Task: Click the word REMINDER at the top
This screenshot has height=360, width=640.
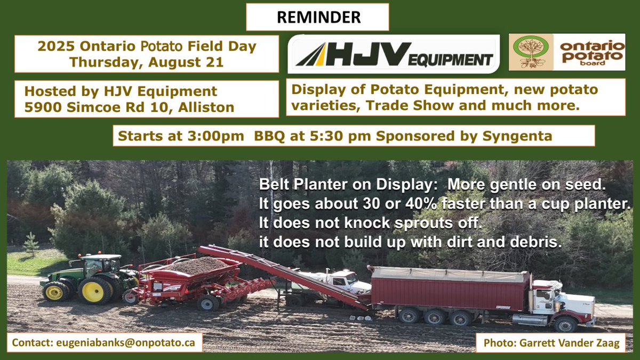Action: (318, 17)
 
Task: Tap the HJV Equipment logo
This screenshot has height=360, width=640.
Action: (394, 54)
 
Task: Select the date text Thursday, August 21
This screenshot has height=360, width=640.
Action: (146, 61)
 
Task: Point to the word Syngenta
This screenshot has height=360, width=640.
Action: (517, 135)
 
